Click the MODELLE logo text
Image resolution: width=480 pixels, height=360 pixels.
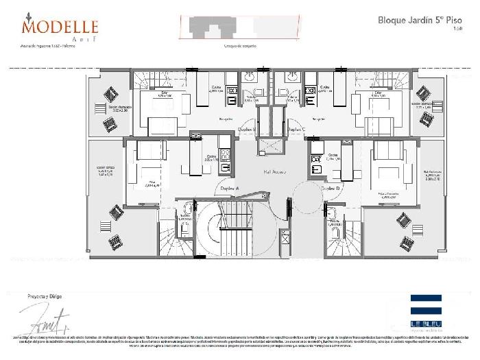point(60,27)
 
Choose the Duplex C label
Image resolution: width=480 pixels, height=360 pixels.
point(296,128)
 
